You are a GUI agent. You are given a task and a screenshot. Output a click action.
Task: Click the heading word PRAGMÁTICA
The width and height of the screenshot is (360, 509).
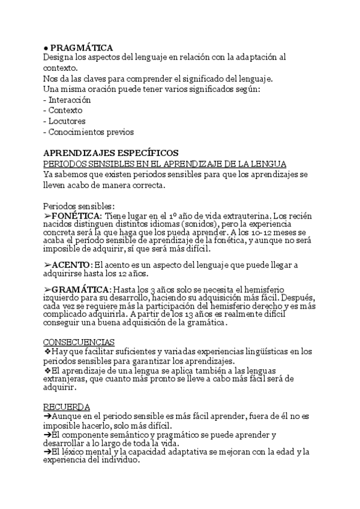(81, 47)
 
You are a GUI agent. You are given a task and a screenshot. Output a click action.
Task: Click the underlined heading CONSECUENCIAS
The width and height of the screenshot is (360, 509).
(79, 342)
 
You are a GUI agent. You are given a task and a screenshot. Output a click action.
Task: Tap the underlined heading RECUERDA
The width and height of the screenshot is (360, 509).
(67, 406)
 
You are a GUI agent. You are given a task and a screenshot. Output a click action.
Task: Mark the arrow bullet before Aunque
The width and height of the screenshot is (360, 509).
(47, 416)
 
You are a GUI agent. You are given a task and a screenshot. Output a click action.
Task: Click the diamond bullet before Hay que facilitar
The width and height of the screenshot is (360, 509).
(48, 351)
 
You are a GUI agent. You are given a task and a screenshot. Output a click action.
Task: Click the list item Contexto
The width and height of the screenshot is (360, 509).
(65, 110)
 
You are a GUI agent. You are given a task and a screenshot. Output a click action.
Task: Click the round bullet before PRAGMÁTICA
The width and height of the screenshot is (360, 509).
(46, 48)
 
